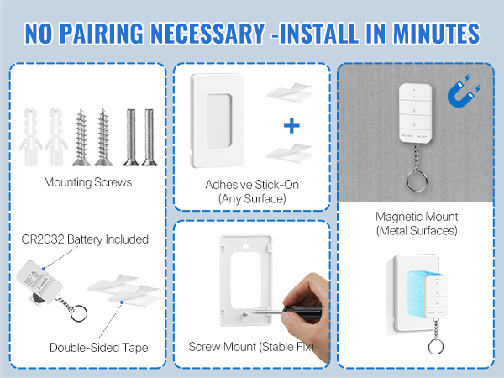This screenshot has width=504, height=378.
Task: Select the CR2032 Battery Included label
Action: (86, 239)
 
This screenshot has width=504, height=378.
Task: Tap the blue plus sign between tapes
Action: (291, 126)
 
